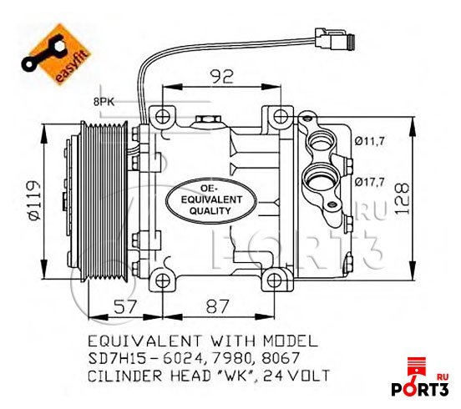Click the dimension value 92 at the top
[x=222, y=77]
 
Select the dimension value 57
[x=125, y=306]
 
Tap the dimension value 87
[x=217, y=306]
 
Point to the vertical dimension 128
[x=402, y=199]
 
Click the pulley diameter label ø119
[x=33, y=200]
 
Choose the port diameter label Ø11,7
[x=370, y=142]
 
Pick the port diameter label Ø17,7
[x=370, y=183]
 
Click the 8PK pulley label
[x=104, y=102]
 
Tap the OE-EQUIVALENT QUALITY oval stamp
[x=211, y=200]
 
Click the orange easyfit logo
[x=55, y=54]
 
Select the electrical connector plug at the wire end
[x=335, y=39]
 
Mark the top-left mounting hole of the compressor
[x=163, y=117]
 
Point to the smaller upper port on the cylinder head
[x=321, y=142]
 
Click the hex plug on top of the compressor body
[x=208, y=120]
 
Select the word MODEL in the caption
[x=290, y=341]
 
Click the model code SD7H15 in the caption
[x=121, y=358]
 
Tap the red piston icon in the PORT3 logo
[x=417, y=369]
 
